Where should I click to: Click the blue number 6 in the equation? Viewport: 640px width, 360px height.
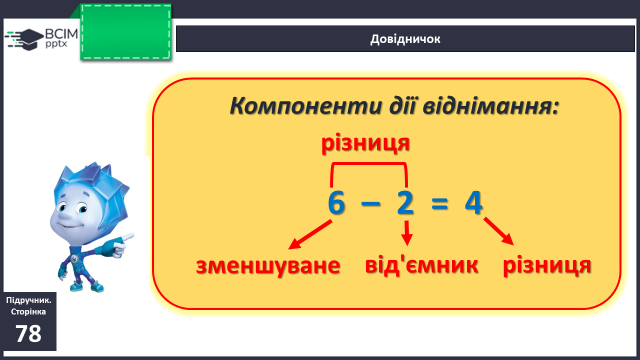[336, 203]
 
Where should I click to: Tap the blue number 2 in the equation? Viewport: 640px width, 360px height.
[405, 202]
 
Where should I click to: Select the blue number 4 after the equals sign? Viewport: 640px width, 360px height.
[473, 203]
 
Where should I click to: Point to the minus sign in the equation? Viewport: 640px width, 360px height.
[371, 203]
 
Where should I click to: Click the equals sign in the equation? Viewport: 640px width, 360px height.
[440, 203]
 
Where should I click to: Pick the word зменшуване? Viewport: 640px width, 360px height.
[268, 266]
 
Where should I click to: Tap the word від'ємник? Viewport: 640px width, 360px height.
[421, 265]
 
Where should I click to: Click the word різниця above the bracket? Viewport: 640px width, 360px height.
[365, 143]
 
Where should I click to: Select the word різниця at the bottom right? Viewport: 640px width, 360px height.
[547, 266]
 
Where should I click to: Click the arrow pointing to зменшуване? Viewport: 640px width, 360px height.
[310, 234]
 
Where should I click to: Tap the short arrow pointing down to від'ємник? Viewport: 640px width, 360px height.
[407, 233]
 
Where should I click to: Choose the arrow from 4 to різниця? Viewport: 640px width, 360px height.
[498, 231]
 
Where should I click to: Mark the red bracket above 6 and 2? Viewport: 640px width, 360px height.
[369, 164]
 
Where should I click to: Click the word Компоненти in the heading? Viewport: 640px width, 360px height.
[305, 106]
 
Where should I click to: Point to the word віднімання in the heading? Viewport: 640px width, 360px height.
[491, 106]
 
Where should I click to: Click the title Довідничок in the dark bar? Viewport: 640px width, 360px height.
[405, 39]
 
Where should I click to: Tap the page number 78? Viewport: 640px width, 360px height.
[29, 334]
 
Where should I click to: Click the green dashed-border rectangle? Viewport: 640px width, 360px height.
[126, 32]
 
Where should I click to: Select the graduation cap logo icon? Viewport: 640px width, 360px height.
[24, 39]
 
